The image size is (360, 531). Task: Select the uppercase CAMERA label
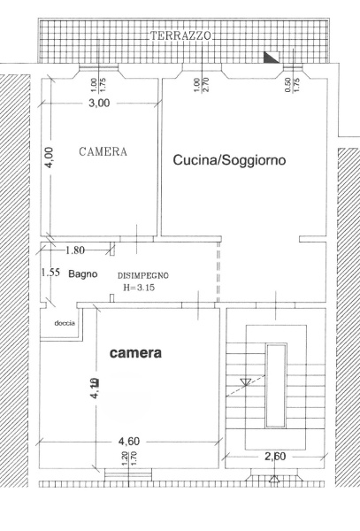[x=103, y=152]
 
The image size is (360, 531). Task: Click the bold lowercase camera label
[x=135, y=353]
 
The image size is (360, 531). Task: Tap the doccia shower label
[x=65, y=323]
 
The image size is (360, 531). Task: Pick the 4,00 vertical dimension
[x=50, y=158]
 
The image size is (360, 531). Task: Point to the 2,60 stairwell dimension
[x=275, y=458]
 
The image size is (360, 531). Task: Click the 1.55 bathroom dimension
[x=50, y=273]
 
